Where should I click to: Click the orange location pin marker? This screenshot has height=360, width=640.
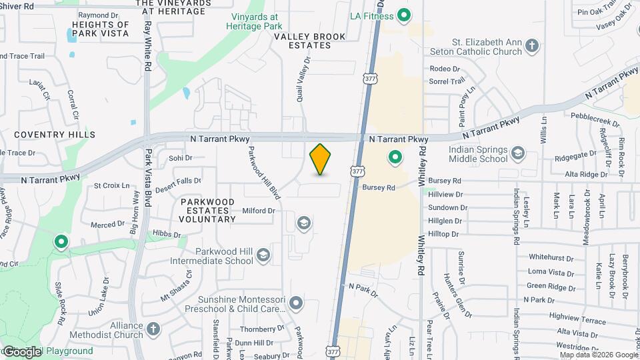[321, 159]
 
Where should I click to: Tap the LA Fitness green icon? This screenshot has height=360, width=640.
[403, 15]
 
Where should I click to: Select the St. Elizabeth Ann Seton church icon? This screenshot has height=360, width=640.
[531, 45]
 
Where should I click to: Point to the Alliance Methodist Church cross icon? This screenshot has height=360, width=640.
[153, 329]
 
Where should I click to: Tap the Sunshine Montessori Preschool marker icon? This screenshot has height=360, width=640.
[296, 305]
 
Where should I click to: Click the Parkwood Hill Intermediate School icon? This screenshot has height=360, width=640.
[263, 255]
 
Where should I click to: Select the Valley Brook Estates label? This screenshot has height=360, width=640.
[303, 41]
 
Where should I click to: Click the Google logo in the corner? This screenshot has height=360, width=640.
[21, 351]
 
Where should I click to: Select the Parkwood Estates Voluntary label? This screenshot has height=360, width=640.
[207, 210]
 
